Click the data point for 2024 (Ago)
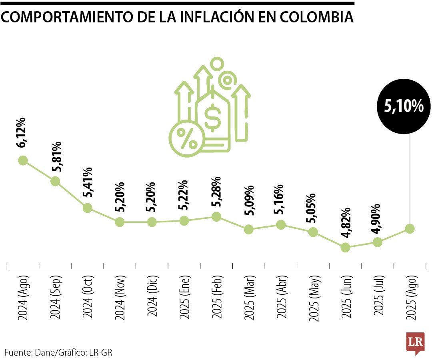23,160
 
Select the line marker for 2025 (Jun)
345,248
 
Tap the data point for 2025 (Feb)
216,216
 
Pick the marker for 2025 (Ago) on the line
410,228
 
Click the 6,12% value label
21,133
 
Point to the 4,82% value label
346,223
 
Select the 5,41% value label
88,182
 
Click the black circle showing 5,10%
404,106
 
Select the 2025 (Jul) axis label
378,296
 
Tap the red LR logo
415,342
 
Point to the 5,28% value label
216,192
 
